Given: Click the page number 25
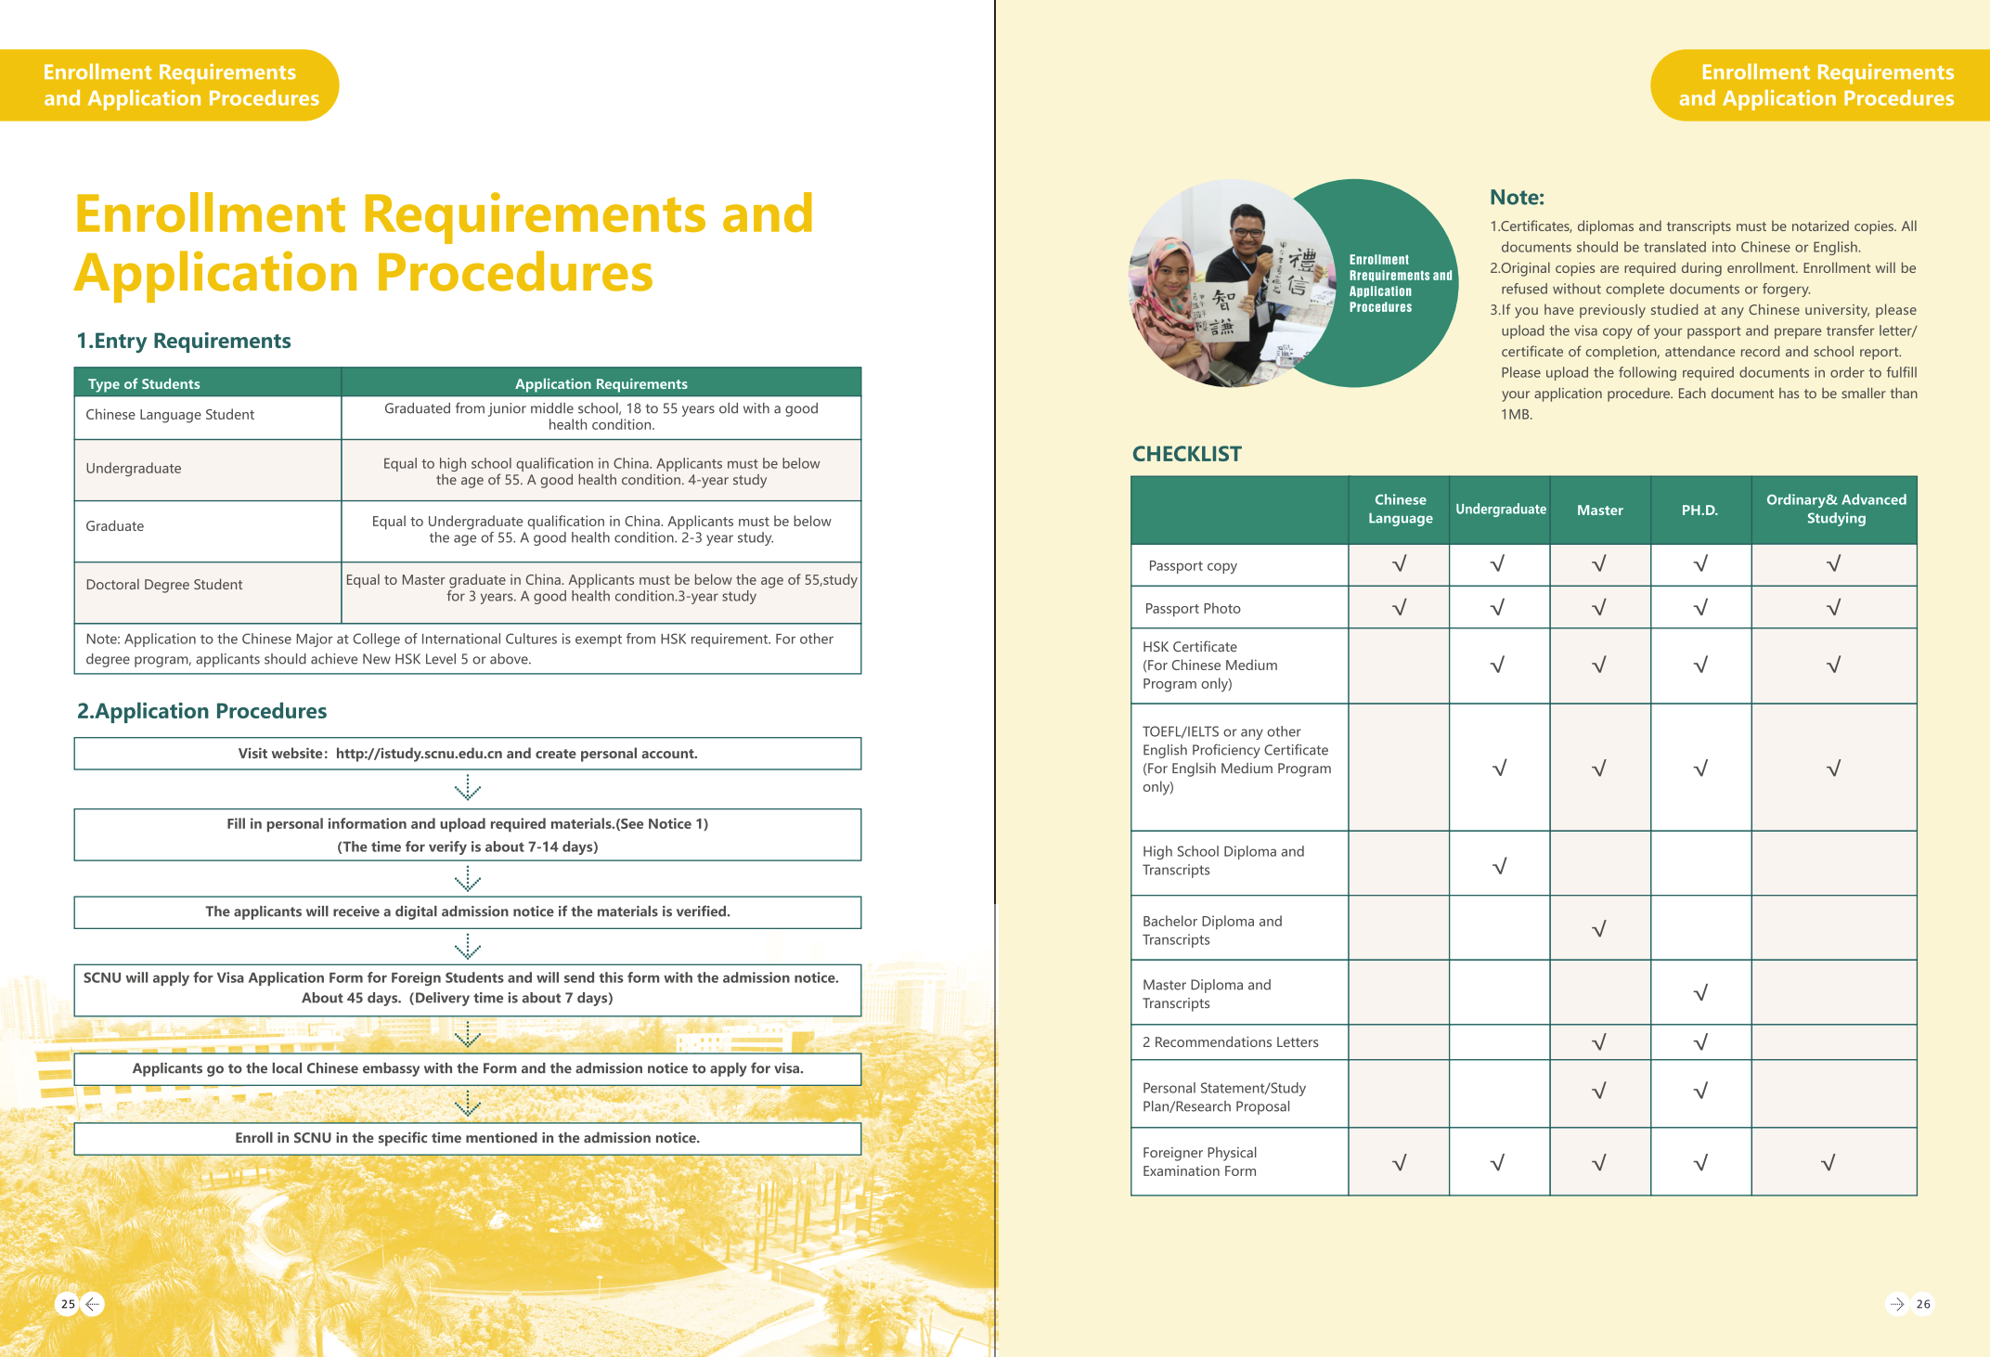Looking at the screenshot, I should coord(68,1304).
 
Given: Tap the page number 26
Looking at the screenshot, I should coord(1923,1304).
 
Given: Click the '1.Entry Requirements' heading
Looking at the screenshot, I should coord(184,341).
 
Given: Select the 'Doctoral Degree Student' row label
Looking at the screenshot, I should coord(164,585).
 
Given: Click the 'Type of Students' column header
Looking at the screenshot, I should coord(144,383).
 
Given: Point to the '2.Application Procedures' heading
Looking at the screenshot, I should coord(202,711).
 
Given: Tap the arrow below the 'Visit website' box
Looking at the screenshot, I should coord(468,788).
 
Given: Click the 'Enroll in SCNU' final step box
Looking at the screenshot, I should coord(468,1138).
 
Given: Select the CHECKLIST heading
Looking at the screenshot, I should coord(1186,454).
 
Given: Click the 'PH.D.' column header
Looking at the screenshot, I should coord(1699,510).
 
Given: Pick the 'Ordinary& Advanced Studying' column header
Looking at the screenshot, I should coord(1835,509).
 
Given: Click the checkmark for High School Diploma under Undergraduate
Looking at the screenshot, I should coord(1499,866).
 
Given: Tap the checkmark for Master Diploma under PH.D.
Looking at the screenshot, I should coord(1700,993).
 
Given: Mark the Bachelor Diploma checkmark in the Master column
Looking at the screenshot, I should coord(1599,929).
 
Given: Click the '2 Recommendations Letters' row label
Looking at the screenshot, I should coord(1230,1042).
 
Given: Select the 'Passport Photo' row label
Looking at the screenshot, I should coord(1193,608).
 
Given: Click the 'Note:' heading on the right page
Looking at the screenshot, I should coord(1517,197).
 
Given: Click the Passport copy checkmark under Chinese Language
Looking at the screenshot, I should coord(1400,564).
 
